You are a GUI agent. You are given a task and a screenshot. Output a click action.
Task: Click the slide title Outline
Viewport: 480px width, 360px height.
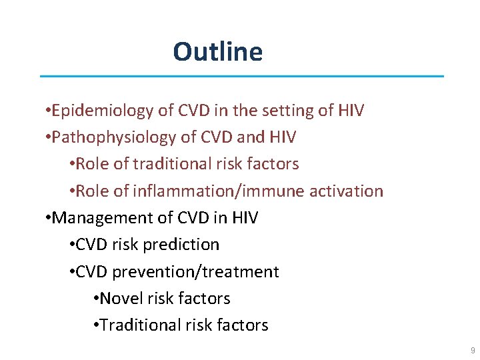[217, 52]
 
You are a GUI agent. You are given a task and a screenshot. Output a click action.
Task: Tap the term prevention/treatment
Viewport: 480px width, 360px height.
[196, 272]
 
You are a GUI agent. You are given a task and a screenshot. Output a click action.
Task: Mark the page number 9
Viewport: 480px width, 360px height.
[473, 351]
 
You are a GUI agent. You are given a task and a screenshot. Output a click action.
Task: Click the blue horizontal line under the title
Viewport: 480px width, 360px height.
[241, 76]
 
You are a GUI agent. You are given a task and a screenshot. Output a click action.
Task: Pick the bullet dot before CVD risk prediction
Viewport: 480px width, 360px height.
[71, 245]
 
